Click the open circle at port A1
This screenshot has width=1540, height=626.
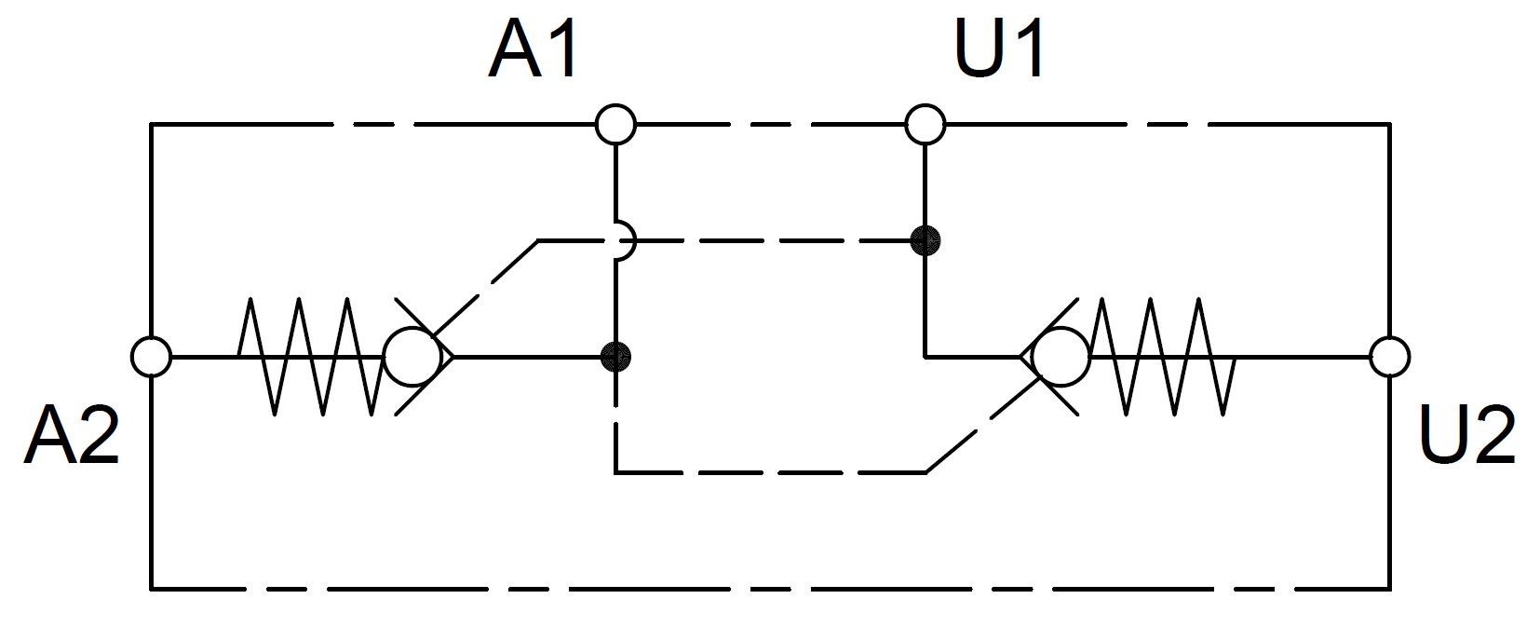click(615, 124)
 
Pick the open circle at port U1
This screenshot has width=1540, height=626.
click(925, 124)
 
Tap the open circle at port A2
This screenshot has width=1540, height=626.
click(151, 356)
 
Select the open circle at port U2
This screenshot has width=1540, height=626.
click(1389, 356)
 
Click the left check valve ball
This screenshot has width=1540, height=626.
click(412, 357)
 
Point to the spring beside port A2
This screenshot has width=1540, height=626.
click(310, 357)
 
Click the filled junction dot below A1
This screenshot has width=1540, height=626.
click(615, 356)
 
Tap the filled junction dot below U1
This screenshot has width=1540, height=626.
click(925, 241)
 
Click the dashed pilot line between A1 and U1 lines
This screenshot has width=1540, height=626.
click(773, 241)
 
